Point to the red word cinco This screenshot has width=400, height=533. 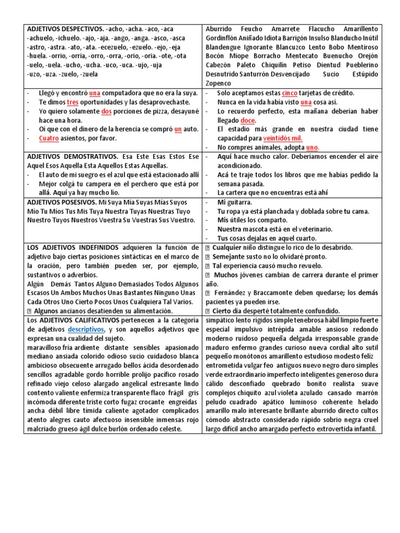(x=290, y=93)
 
